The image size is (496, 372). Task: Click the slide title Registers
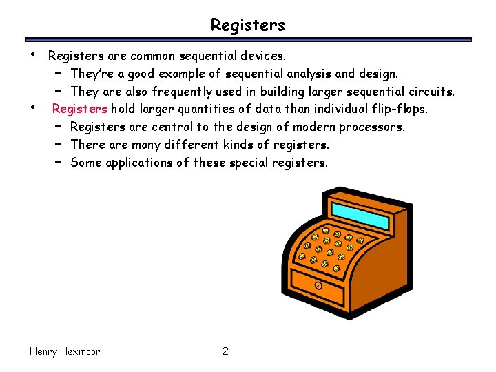[x=247, y=25]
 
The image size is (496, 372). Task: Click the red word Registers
[x=79, y=109]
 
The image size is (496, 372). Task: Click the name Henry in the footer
[x=45, y=351]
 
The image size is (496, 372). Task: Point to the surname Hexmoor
[x=82, y=351]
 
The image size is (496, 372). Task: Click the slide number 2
[x=225, y=351]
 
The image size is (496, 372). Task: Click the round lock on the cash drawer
[x=318, y=285]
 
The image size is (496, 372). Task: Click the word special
[x=251, y=163]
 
